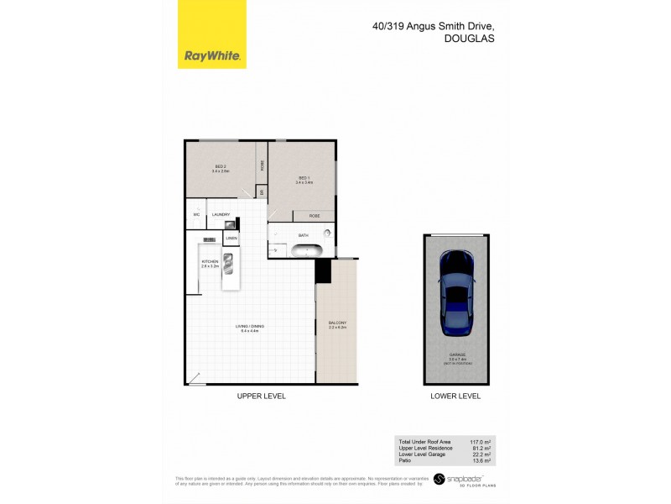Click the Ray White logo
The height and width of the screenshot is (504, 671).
[x=213, y=57]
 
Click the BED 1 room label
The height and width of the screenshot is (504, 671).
[x=304, y=178]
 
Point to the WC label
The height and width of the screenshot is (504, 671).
[x=195, y=215]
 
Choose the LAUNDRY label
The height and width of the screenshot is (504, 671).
[x=221, y=215]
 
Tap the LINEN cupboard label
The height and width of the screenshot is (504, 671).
[x=231, y=239]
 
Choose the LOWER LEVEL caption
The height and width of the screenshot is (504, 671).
[x=454, y=396]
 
